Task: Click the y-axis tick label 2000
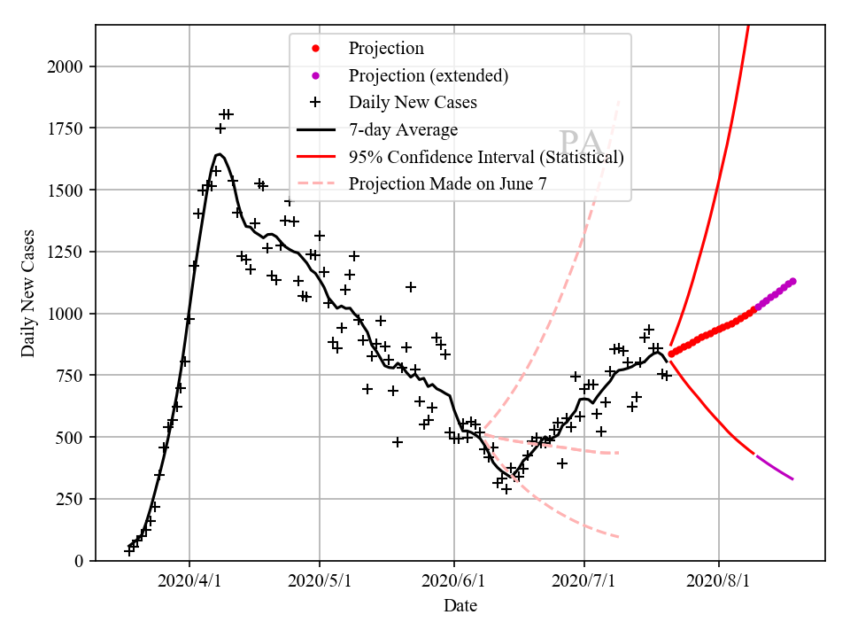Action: tap(66, 66)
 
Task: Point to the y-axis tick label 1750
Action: tap(66, 128)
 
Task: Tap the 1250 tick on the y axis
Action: tap(66, 252)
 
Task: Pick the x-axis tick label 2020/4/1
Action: tap(189, 582)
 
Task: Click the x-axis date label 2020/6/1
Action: tap(454, 582)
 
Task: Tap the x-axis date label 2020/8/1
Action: tap(719, 582)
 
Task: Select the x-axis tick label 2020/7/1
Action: tap(584, 582)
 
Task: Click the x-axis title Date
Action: tap(460, 606)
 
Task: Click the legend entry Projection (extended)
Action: tap(428, 75)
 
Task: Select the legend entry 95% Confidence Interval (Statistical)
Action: tap(486, 157)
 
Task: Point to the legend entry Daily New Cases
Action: tap(413, 102)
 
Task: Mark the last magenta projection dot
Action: tap(793, 281)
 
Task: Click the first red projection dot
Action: tap(671, 354)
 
